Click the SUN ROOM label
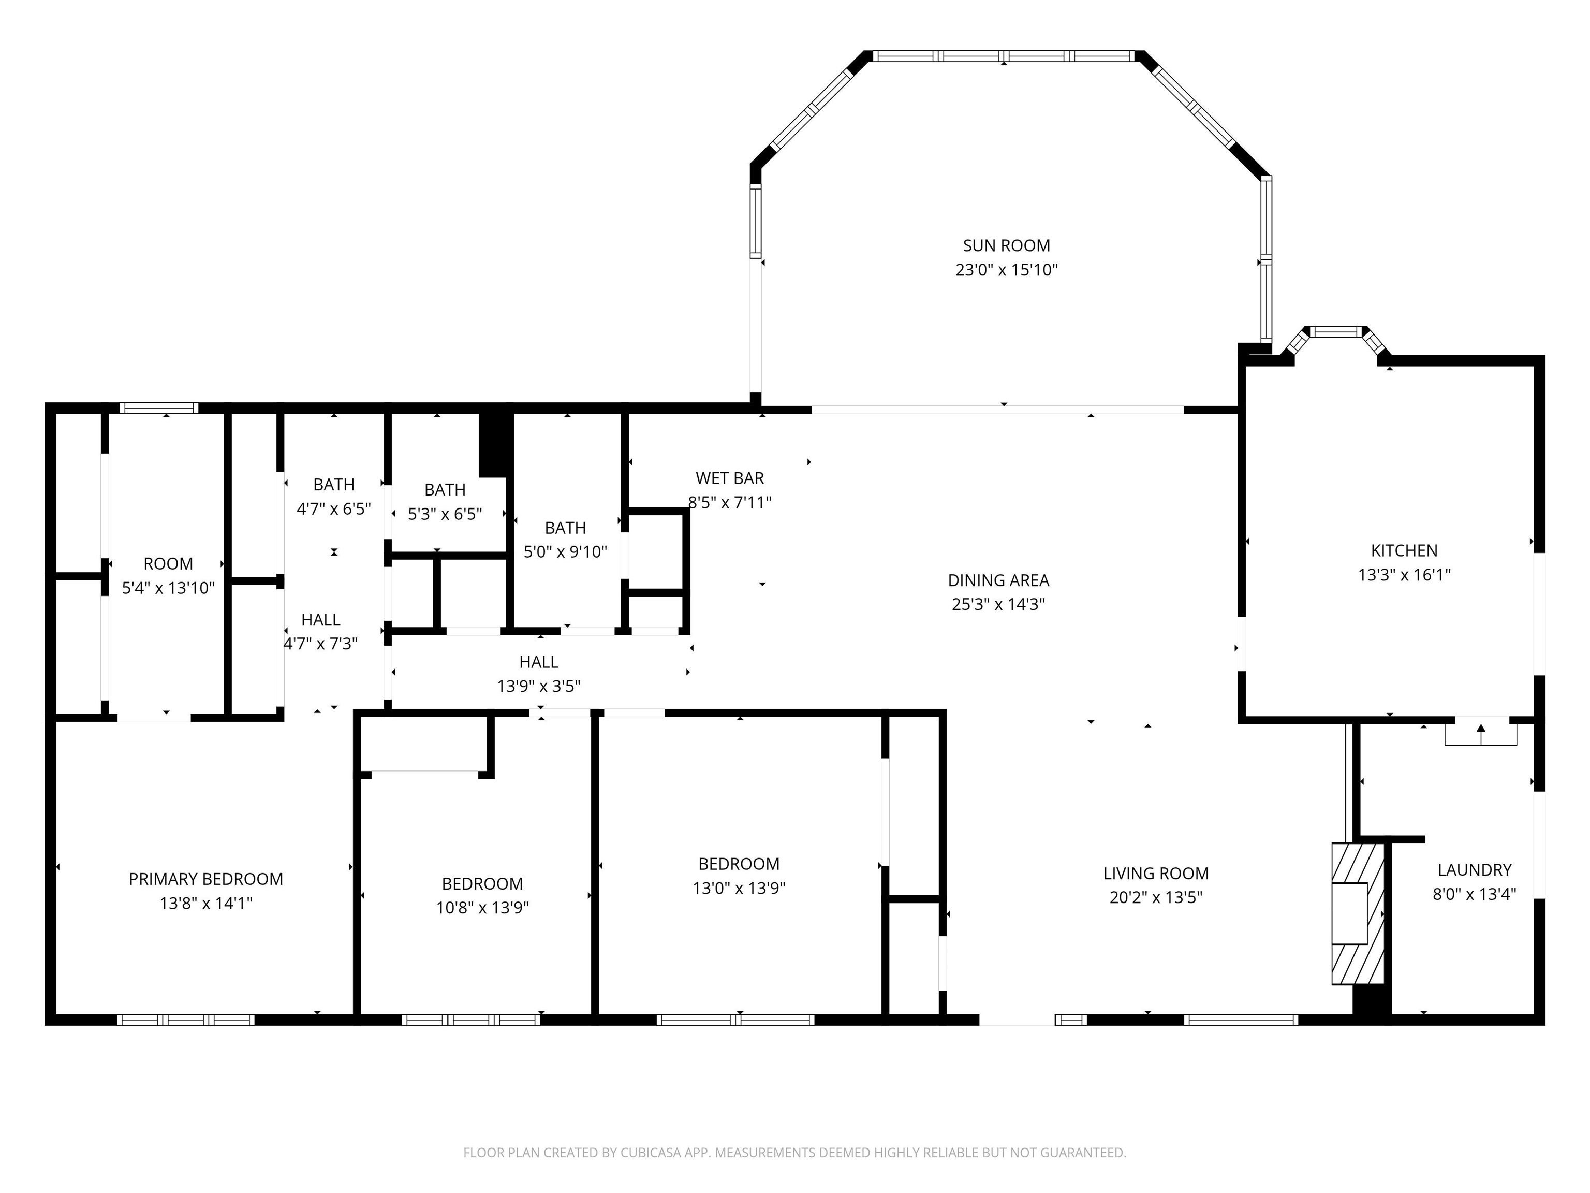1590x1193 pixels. (x=1006, y=246)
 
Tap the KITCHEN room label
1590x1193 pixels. (x=1404, y=551)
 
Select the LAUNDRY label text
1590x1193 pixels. (x=1474, y=870)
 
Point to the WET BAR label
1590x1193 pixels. (x=730, y=478)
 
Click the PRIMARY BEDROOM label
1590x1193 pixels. (x=205, y=879)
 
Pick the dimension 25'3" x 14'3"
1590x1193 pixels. (x=998, y=604)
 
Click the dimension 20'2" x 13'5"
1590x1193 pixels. (x=1156, y=897)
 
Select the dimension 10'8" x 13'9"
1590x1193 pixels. (x=482, y=908)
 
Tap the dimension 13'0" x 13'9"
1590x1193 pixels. (x=739, y=888)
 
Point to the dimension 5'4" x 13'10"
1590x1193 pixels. (x=168, y=588)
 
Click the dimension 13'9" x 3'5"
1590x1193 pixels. (x=538, y=686)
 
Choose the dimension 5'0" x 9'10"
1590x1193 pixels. (x=566, y=552)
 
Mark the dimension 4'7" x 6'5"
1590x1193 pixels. (x=334, y=509)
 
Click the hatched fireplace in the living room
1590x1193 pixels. (x=1358, y=913)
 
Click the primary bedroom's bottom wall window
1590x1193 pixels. (x=185, y=1020)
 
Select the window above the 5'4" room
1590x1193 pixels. (x=159, y=409)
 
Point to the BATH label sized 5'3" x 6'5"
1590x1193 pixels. (x=445, y=490)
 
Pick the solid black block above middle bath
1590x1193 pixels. (x=495, y=444)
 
